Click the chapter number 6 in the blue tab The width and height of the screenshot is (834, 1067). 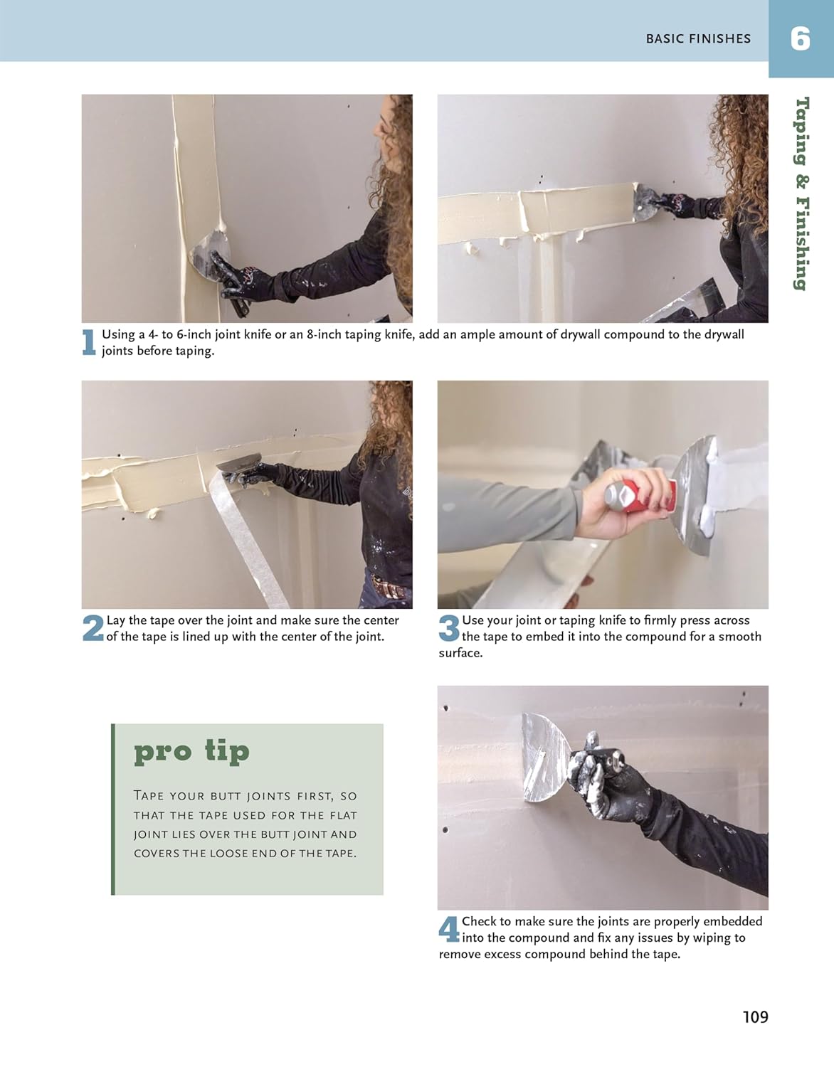pyautogui.click(x=800, y=39)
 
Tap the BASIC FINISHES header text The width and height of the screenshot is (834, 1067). pyautogui.click(x=698, y=39)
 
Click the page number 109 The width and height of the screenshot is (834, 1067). pyautogui.click(x=756, y=1016)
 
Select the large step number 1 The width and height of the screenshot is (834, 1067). pyautogui.click(x=89, y=341)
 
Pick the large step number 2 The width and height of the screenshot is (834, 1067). pyautogui.click(x=93, y=628)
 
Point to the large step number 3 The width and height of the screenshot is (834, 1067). pyautogui.click(x=449, y=628)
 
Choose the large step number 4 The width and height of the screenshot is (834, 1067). pyautogui.click(x=449, y=929)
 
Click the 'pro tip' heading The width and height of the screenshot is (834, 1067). pyautogui.click(x=191, y=752)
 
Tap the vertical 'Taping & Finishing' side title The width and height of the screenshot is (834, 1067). pyautogui.click(x=801, y=194)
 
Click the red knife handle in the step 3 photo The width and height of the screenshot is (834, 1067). pyautogui.click(x=638, y=495)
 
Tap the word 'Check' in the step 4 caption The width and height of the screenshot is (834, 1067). pyautogui.click(x=480, y=921)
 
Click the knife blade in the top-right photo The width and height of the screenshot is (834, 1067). pyautogui.click(x=646, y=203)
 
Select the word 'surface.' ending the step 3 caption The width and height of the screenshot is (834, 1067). pyautogui.click(x=460, y=653)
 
